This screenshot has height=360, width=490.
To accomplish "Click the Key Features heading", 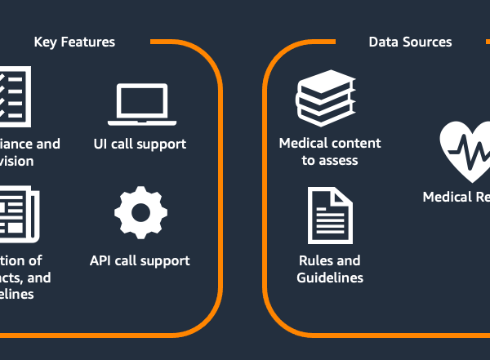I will pos(74,42).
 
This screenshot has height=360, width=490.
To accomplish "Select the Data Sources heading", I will pos(410,42).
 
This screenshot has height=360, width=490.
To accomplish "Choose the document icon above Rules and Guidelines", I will pos(329,216).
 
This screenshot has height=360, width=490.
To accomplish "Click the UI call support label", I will pos(140,144).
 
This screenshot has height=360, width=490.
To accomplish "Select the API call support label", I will pos(140,260).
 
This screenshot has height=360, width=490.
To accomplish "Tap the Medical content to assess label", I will pos(330,152).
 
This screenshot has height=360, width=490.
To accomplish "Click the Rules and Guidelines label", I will pos(330,269).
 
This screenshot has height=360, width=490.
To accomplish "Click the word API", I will pos(101,260).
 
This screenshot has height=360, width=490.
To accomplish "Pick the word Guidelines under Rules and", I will pos(330,278).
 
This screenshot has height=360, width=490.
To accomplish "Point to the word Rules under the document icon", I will pos(315,260).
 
